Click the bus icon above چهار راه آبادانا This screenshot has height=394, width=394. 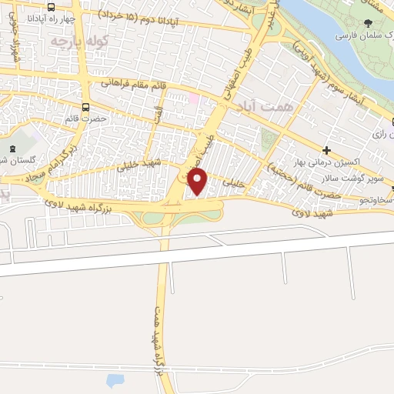pos(51,8)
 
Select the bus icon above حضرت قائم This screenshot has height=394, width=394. pos(85,107)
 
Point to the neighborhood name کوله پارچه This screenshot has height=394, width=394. pos(79,39)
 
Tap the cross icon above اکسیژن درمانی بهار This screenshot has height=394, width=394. pos(327,150)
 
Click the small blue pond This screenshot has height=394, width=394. pos(114,380)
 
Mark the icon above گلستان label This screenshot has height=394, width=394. pos(11,147)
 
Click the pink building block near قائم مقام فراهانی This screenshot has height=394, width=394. pos(192,98)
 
